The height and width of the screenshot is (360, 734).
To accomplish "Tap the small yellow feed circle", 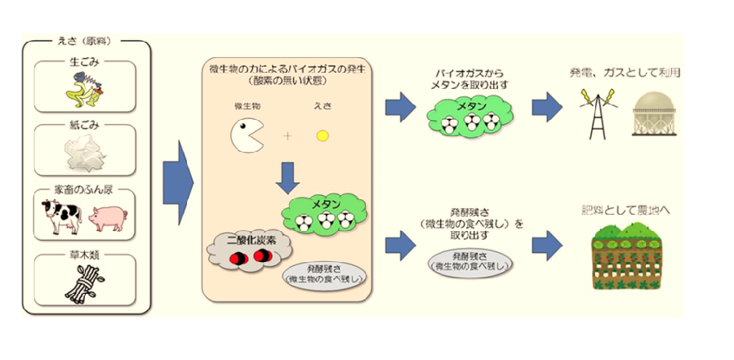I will (323, 135).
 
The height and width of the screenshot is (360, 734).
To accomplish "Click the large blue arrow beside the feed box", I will (177, 184).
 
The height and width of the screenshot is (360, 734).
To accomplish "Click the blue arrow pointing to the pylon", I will (545, 105).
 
